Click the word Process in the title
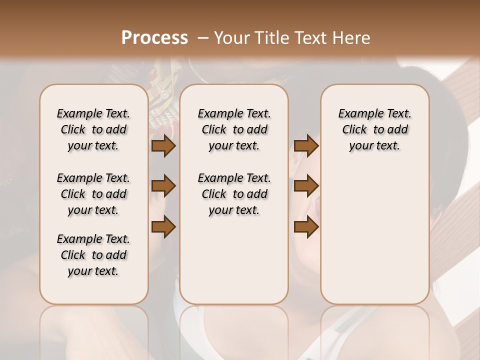coord(154,38)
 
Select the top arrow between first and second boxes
coord(163,145)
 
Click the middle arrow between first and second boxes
coord(163,186)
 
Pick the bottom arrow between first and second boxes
coord(163,227)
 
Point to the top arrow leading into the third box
coord(306,145)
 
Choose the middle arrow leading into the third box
coord(306,186)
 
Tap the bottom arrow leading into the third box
coord(306,227)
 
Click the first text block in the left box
coord(93,129)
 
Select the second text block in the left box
coord(93,194)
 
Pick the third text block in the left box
coord(93,255)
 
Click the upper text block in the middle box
coord(234,129)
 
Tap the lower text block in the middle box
coord(234,194)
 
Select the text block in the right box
coord(374,129)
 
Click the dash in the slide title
coord(203,38)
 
